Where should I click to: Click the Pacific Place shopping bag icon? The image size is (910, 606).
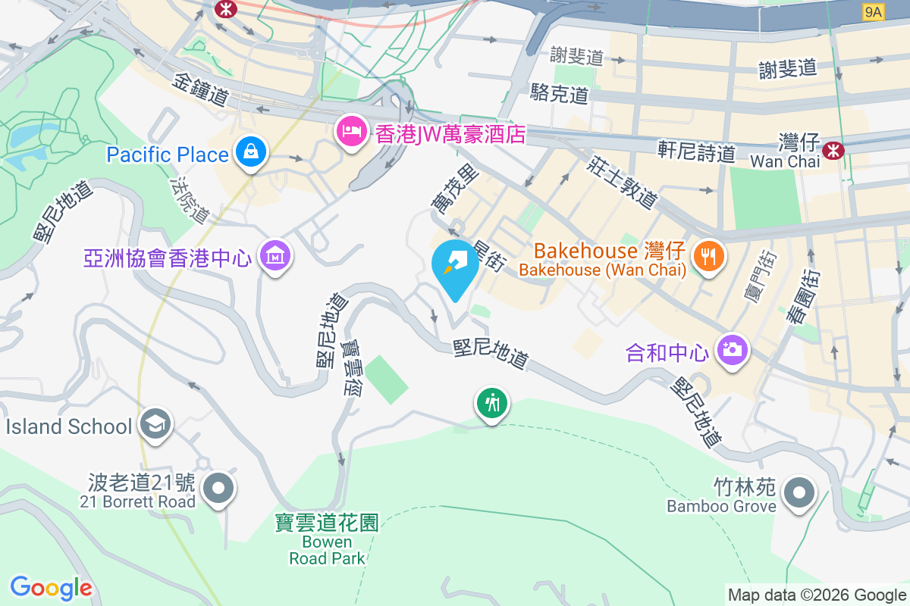pos(249,152)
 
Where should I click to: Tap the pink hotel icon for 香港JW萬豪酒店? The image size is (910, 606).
pos(350,132)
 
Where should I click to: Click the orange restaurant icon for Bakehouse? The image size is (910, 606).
pos(708,256)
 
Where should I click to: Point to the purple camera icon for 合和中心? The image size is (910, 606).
pos(732,350)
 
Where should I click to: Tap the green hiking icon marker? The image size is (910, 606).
pos(492,402)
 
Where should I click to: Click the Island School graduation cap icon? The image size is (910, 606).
pos(155,424)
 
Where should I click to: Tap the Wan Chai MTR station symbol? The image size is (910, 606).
pos(833,150)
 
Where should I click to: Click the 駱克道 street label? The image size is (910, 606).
pos(560,94)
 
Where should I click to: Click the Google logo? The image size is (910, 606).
pos(51,588)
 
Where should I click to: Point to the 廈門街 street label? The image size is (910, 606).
pos(759,276)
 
